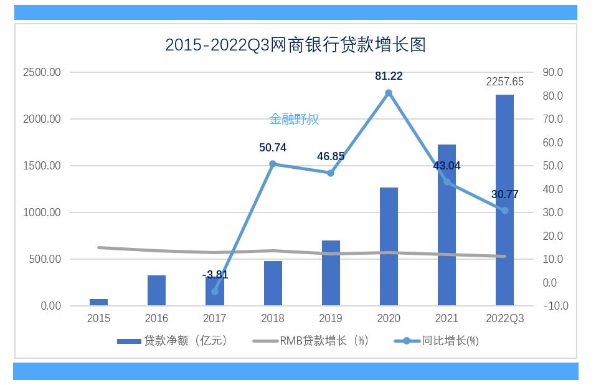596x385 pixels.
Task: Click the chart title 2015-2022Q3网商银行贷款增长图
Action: pyautogui.click(x=295, y=45)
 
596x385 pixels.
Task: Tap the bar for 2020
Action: pyautogui.click(x=389, y=246)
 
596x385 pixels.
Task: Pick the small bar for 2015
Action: pyautogui.click(x=98, y=302)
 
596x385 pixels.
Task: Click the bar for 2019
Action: pyautogui.click(x=331, y=273)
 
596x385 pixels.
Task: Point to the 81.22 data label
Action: pyautogui.click(x=389, y=76)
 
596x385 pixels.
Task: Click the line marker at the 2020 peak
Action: pyautogui.click(x=389, y=93)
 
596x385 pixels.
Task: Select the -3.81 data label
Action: pyautogui.click(x=215, y=275)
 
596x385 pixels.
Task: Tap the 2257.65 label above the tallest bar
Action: pyautogui.click(x=504, y=82)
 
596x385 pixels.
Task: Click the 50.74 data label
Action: pyautogui.click(x=273, y=148)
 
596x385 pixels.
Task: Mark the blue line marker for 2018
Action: pyautogui.click(x=273, y=164)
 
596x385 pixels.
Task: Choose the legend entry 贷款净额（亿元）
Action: pyautogui.click(x=173, y=341)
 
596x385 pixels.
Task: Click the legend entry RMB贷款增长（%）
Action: pyautogui.click(x=311, y=341)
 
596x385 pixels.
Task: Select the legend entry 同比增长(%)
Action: pyautogui.click(x=437, y=341)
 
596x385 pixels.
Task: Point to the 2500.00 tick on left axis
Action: pyautogui.click(x=42, y=72)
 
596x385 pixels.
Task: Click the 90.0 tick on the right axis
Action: pyautogui.click(x=552, y=72)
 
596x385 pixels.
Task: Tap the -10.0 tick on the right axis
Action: pyautogui.click(x=555, y=306)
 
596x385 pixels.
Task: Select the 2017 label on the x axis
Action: pyautogui.click(x=215, y=318)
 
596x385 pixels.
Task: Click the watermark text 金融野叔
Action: pyautogui.click(x=294, y=119)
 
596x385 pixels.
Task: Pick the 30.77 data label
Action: pyautogui.click(x=504, y=194)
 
